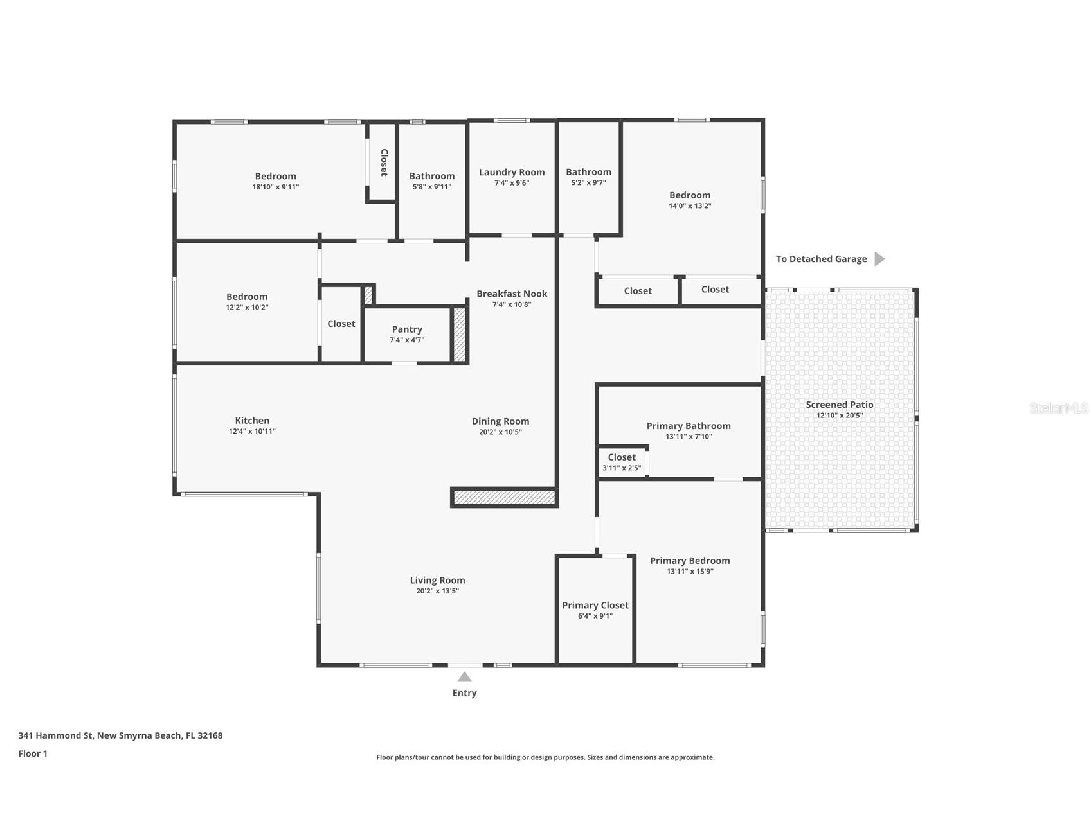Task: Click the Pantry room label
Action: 407,329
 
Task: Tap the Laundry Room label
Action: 512,172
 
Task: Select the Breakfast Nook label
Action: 512,294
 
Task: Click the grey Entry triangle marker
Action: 464,677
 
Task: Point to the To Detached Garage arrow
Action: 879,259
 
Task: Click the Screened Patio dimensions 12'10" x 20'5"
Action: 839,416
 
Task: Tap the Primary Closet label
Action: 595,605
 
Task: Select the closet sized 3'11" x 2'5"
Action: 622,462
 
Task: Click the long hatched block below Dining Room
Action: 504,497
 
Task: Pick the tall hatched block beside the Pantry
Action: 459,335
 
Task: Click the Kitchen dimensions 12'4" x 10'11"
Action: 252,432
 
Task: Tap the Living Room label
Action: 437,580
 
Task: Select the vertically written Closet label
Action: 384,163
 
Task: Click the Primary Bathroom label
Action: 689,426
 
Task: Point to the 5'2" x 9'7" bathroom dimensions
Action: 588,183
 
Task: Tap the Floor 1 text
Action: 33,753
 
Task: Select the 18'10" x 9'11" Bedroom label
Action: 275,176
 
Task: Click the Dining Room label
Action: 500,421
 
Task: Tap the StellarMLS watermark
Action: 1058,408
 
